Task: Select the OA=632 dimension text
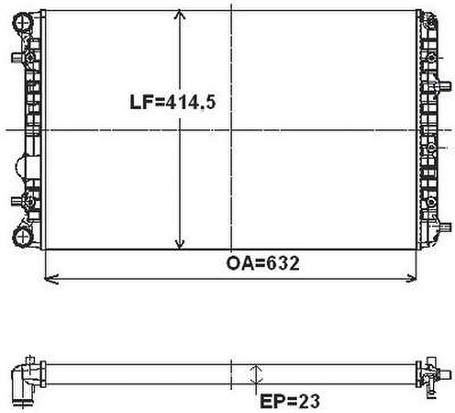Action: pyautogui.click(x=262, y=263)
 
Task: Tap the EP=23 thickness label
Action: pyautogui.click(x=290, y=401)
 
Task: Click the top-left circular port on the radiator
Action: pyautogui.click(x=22, y=21)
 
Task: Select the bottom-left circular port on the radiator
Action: pyautogui.click(x=21, y=236)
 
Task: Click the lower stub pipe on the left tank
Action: pyautogui.click(x=17, y=201)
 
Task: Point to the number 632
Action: pyautogui.click(x=285, y=263)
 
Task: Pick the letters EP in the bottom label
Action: pyautogui.click(x=272, y=401)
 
